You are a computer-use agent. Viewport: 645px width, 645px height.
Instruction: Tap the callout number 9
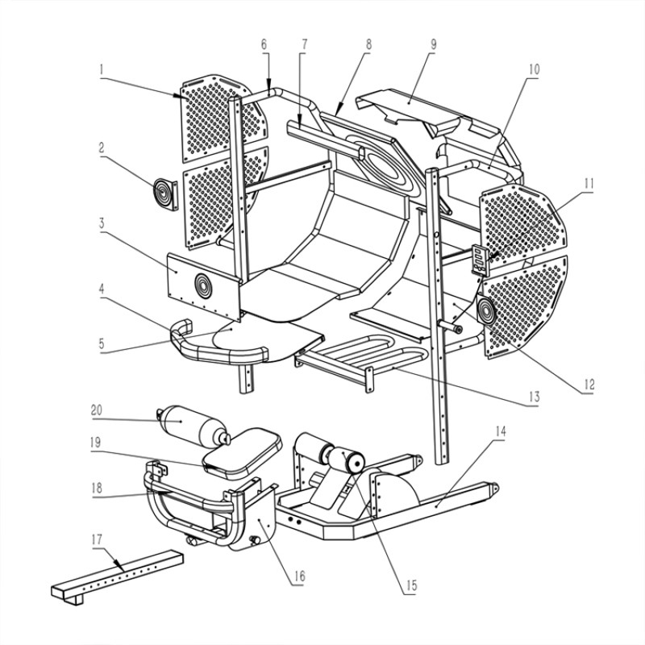tap(434, 45)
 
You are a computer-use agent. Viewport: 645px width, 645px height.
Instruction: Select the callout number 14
tap(501, 431)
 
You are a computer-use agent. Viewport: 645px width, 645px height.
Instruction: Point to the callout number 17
tap(97, 539)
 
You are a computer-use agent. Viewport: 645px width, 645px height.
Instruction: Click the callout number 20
tap(97, 410)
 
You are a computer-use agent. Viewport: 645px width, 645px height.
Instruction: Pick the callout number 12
tap(589, 385)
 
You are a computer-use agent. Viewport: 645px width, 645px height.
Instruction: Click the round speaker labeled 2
tap(165, 194)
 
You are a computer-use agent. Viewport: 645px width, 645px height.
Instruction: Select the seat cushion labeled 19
tap(243, 452)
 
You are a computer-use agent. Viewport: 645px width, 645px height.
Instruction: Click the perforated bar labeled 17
tap(117, 577)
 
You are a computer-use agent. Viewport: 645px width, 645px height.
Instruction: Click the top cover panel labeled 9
tap(428, 113)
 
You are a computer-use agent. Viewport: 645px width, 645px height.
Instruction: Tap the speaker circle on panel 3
tap(203, 285)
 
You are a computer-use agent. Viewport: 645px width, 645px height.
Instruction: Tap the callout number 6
tap(264, 45)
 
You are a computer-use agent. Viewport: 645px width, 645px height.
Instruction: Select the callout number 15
tap(412, 585)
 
